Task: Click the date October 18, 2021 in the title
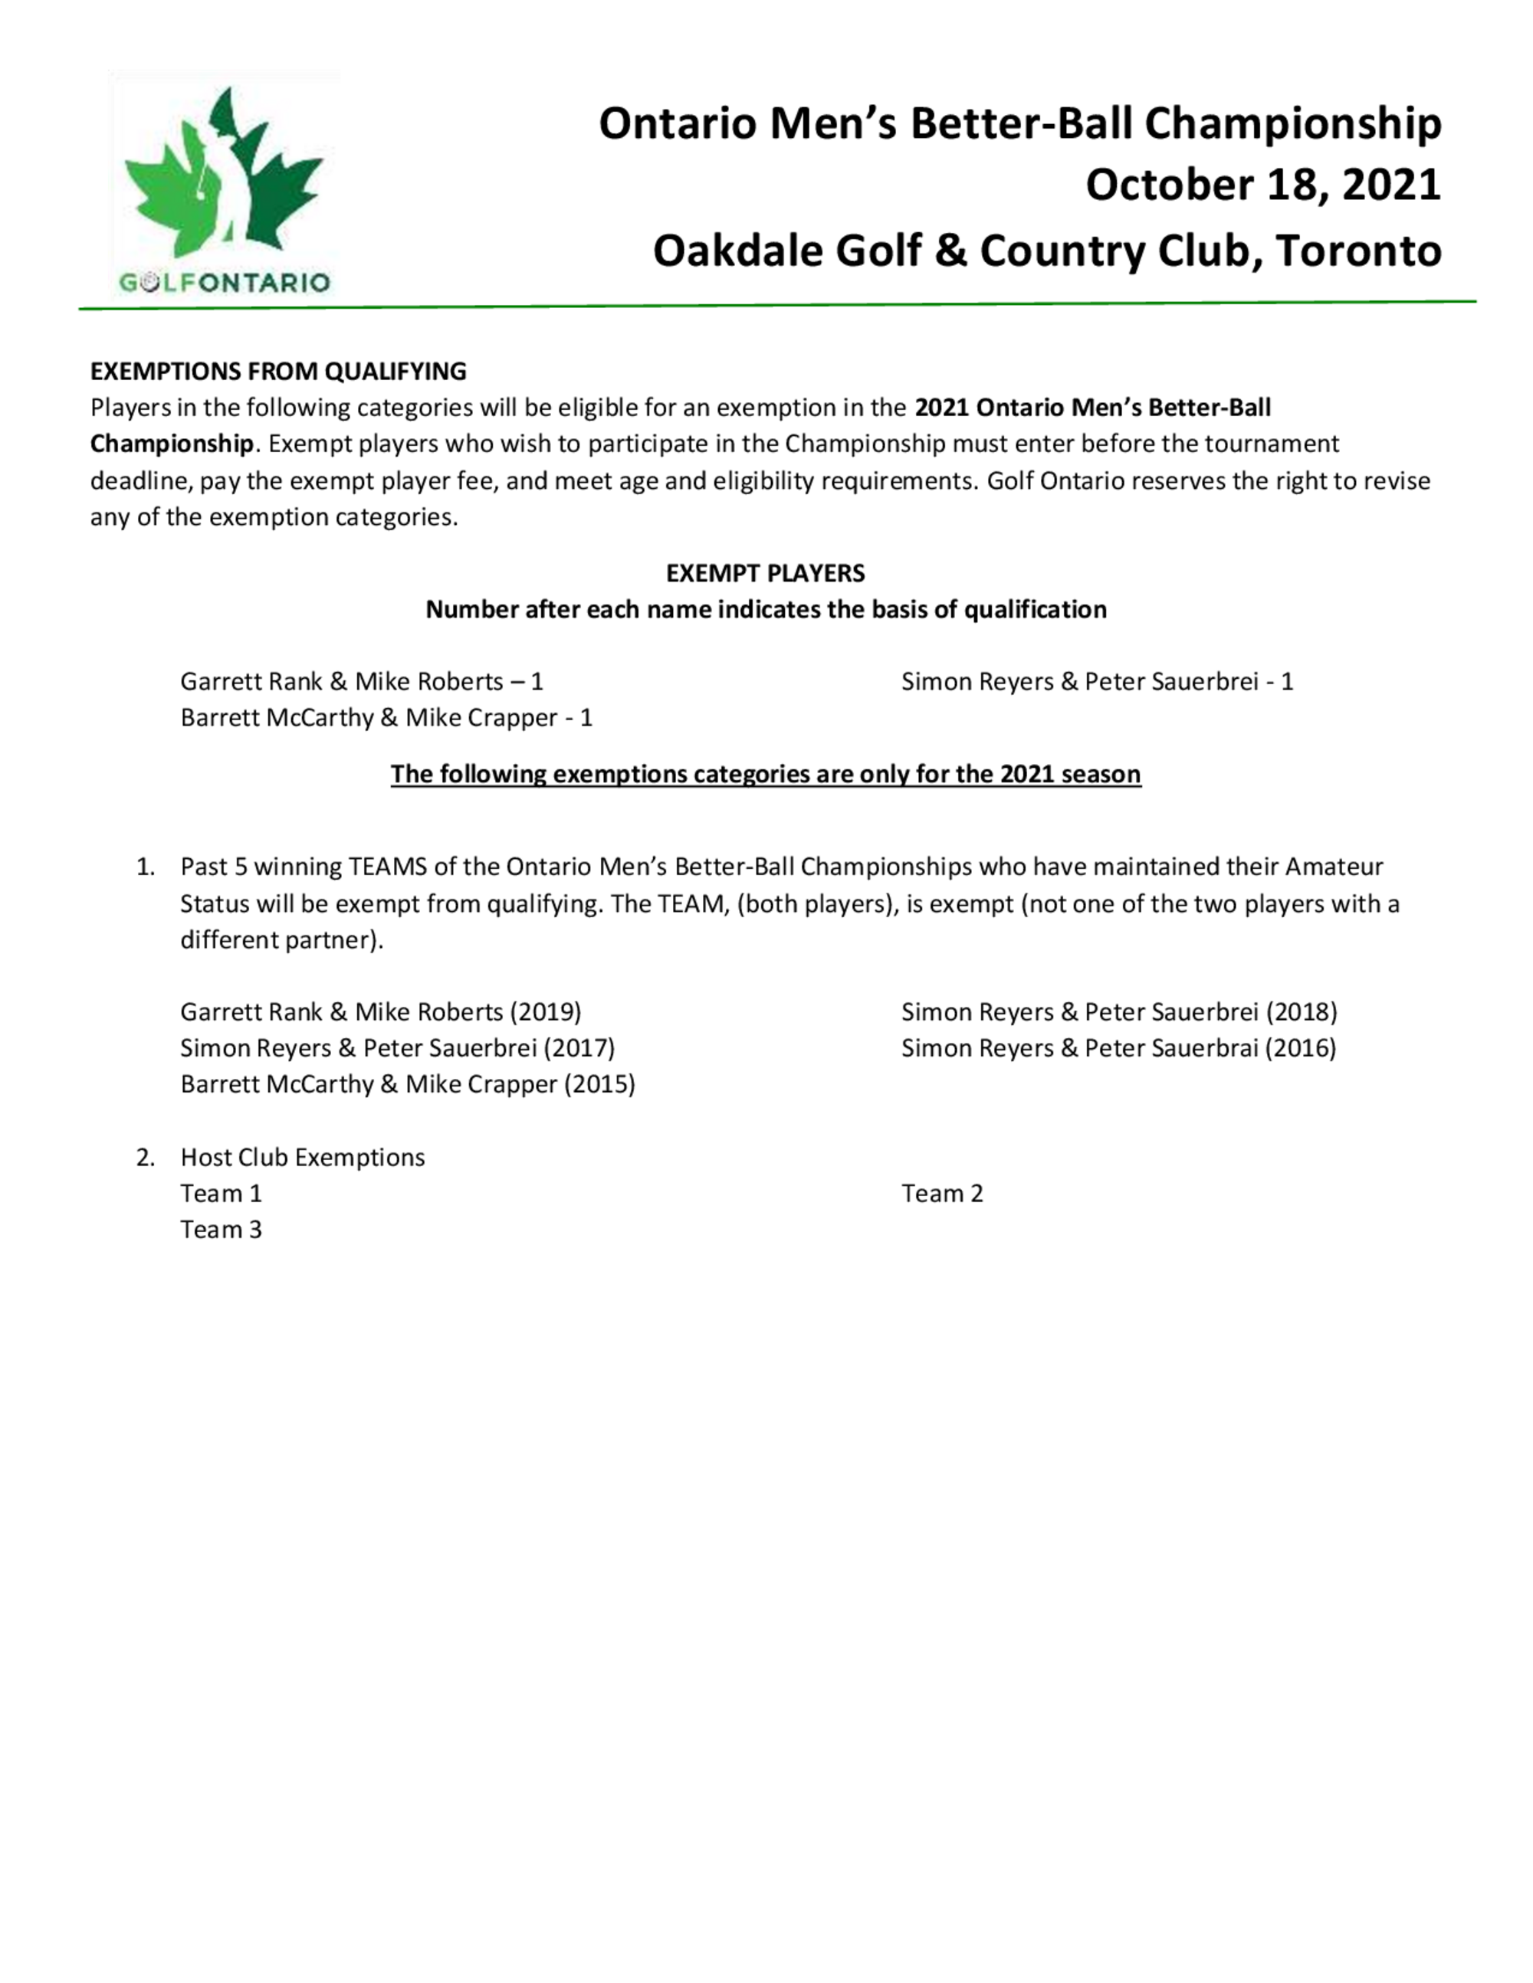(x=1262, y=185)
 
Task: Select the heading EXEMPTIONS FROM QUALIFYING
(x=278, y=372)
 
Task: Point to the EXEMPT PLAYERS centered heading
(x=765, y=573)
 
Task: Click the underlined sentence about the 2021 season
(x=765, y=775)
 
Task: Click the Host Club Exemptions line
(x=303, y=1158)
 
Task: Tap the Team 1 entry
(x=221, y=1194)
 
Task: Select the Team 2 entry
(x=942, y=1194)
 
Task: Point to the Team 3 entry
(x=221, y=1231)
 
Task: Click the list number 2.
(x=146, y=1158)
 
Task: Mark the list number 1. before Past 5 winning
(x=146, y=867)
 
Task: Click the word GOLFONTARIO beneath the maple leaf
(x=223, y=283)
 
